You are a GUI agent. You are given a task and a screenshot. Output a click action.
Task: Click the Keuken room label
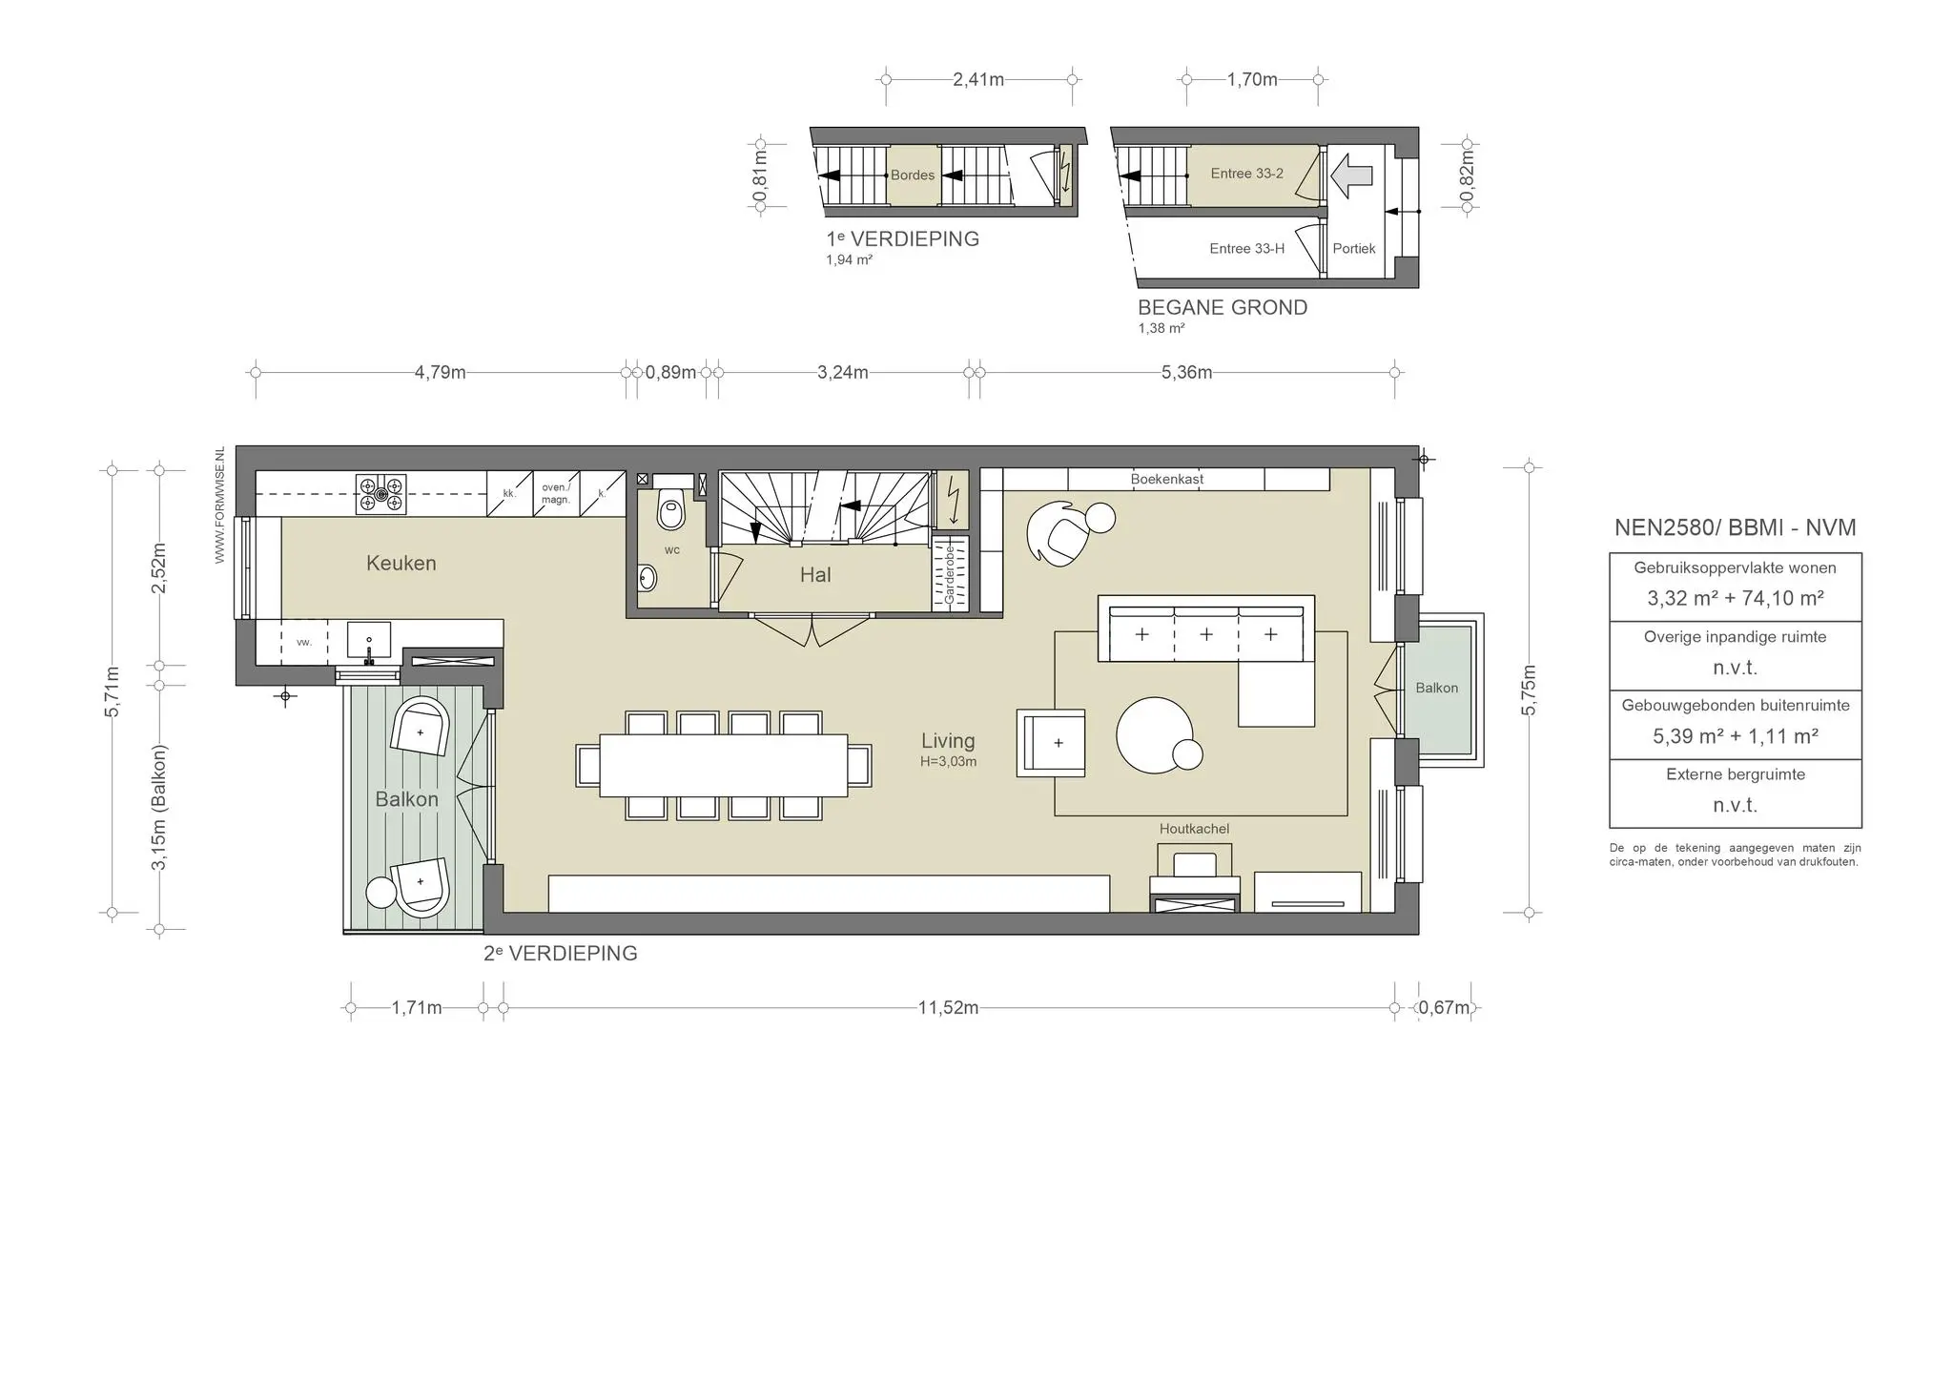click(401, 563)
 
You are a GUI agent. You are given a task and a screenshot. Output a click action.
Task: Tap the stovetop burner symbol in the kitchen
click(380, 495)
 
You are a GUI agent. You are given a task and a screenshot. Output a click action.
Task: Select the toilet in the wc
click(671, 512)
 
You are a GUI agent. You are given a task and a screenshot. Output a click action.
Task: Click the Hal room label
click(815, 575)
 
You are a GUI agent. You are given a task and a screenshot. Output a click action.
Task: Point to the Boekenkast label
click(1167, 479)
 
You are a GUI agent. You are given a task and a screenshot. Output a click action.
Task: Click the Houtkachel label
click(1194, 829)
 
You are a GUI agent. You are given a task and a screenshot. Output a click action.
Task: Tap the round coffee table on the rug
click(1154, 734)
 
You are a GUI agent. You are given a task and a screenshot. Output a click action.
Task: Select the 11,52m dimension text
click(948, 1008)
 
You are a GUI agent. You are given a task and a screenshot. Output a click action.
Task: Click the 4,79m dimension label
click(440, 372)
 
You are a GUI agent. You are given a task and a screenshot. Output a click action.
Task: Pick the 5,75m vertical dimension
click(1529, 689)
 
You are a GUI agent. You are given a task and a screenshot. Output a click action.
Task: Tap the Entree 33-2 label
click(1246, 174)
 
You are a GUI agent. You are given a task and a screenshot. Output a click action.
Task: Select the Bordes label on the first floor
click(912, 175)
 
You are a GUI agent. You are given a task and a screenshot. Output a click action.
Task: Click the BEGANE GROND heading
click(1222, 307)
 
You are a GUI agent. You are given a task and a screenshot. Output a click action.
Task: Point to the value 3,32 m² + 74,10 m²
click(1735, 599)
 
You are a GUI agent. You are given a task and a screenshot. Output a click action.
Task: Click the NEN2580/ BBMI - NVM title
click(1735, 527)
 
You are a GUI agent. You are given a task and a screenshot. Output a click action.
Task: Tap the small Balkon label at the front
click(1436, 688)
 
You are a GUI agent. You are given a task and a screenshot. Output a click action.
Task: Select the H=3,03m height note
click(948, 761)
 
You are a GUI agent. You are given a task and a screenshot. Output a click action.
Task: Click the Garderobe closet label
click(950, 573)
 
